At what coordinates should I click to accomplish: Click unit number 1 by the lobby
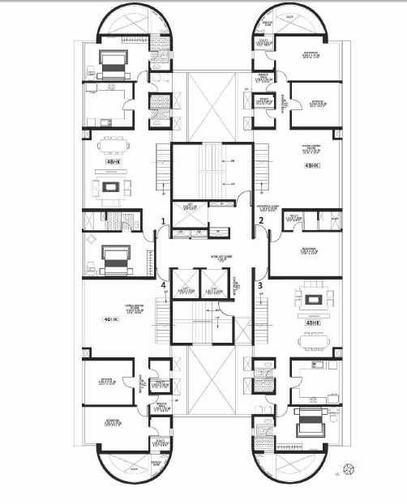[x=164, y=220]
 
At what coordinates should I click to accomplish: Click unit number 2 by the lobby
[x=260, y=220]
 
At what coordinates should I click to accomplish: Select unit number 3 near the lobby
[x=260, y=285]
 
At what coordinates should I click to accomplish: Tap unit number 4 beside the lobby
[x=164, y=285]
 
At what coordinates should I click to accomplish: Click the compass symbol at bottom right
[x=350, y=468]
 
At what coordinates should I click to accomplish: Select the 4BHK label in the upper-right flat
[x=311, y=165]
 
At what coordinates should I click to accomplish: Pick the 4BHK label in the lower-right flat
[x=312, y=322]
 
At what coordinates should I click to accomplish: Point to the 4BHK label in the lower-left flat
[x=111, y=320]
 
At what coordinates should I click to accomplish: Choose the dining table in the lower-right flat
[x=312, y=340]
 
